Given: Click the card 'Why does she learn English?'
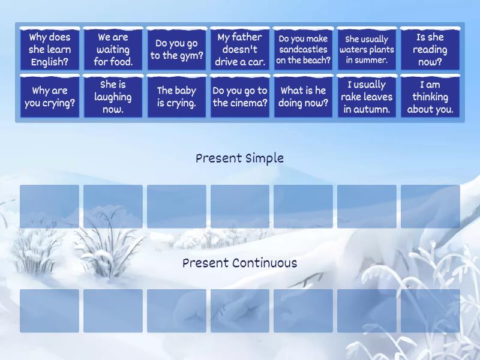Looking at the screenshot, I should [x=50, y=49].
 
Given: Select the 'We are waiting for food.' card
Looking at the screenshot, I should [x=113, y=49].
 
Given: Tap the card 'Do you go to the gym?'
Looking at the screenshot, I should [x=176, y=49].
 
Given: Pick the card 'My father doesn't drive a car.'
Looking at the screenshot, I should [x=240, y=49].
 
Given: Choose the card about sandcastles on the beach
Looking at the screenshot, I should [x=304, y=49].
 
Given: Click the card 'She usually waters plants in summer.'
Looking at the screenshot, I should [x=367, y=49].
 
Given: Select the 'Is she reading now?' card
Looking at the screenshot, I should [x=430, y=49].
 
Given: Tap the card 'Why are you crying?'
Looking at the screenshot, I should [x=50, y=97].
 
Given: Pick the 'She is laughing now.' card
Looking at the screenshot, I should [x=113, y=97].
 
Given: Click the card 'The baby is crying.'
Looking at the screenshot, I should [x=176, y=97].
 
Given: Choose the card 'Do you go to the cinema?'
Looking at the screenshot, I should [x=240, y=97].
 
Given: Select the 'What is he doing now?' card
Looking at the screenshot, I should [x=304, y=97].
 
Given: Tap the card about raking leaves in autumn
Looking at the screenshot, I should [x=367, y=97].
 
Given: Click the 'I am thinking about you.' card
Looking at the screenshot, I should [x=430, y=97].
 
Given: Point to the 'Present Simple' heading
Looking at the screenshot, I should [x=239, y=158].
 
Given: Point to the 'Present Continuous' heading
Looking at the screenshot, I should [x=239, y=263].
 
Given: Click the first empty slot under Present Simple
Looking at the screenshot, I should [x=50, y=206].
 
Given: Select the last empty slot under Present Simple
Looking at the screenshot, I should [x=430, y=206].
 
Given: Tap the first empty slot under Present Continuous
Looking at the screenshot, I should [x=50, y=311].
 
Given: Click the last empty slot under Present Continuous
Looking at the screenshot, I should [x=430, y=311].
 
